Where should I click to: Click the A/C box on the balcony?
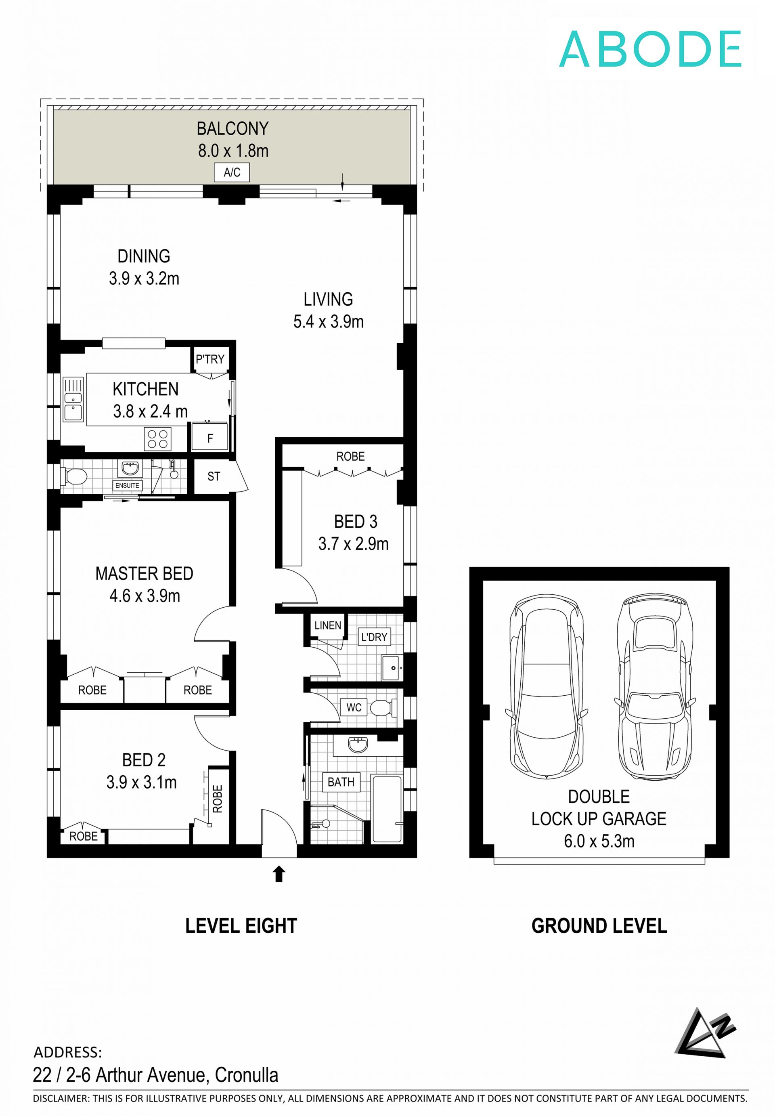click(x=232, y=172)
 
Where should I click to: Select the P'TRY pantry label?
click(x=210, y=359)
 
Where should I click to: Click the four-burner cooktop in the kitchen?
click(x=158, y=438)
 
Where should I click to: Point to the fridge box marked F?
click(x=210, y=438)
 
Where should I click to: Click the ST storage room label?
click(x=214, y=476)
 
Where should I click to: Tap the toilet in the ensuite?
click(x=74, y=476)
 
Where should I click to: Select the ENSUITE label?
click(x=127, y=485)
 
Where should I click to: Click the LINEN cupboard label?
click(x=328, y=625)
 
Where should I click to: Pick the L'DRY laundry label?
click(x=374, y=637)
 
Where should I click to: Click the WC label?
click(x=354, y=707)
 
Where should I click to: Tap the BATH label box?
click(x=341, y=782)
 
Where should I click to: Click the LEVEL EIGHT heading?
click(x=241, y=926)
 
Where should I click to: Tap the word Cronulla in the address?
click(x=247, y=1075)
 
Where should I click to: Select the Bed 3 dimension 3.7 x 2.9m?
click(x=354, y=543)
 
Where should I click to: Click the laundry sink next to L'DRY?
click(x=392, y=668)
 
